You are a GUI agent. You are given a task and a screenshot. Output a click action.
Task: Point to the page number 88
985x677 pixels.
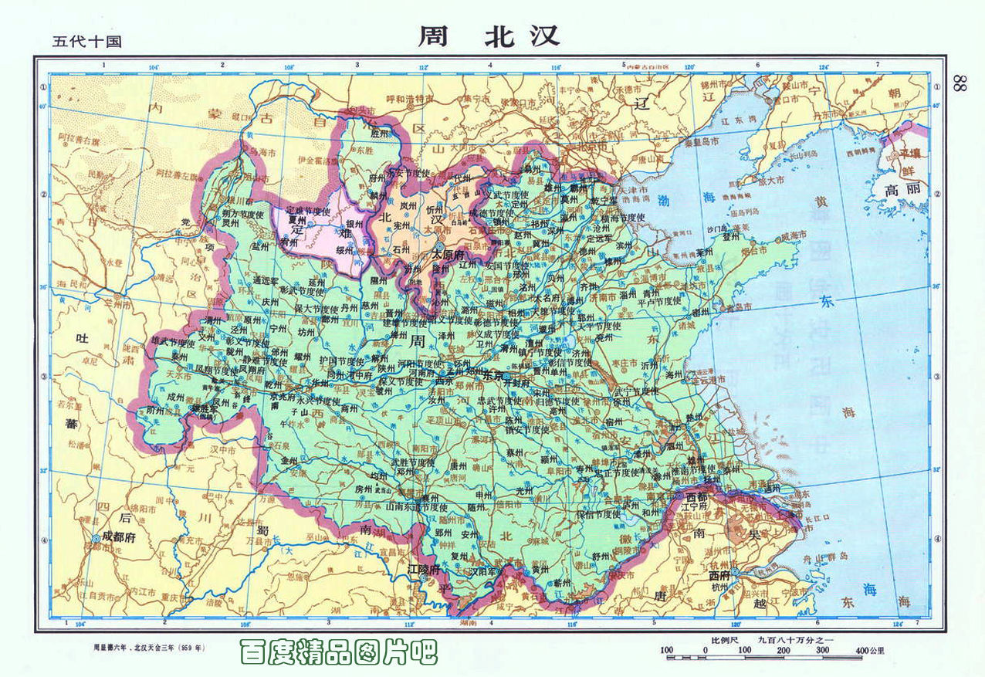coord(960,83)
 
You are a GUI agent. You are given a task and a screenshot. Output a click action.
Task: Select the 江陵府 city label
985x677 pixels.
coord(424,570)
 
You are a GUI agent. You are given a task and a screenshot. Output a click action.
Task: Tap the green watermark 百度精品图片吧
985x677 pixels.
coord(339,653)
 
